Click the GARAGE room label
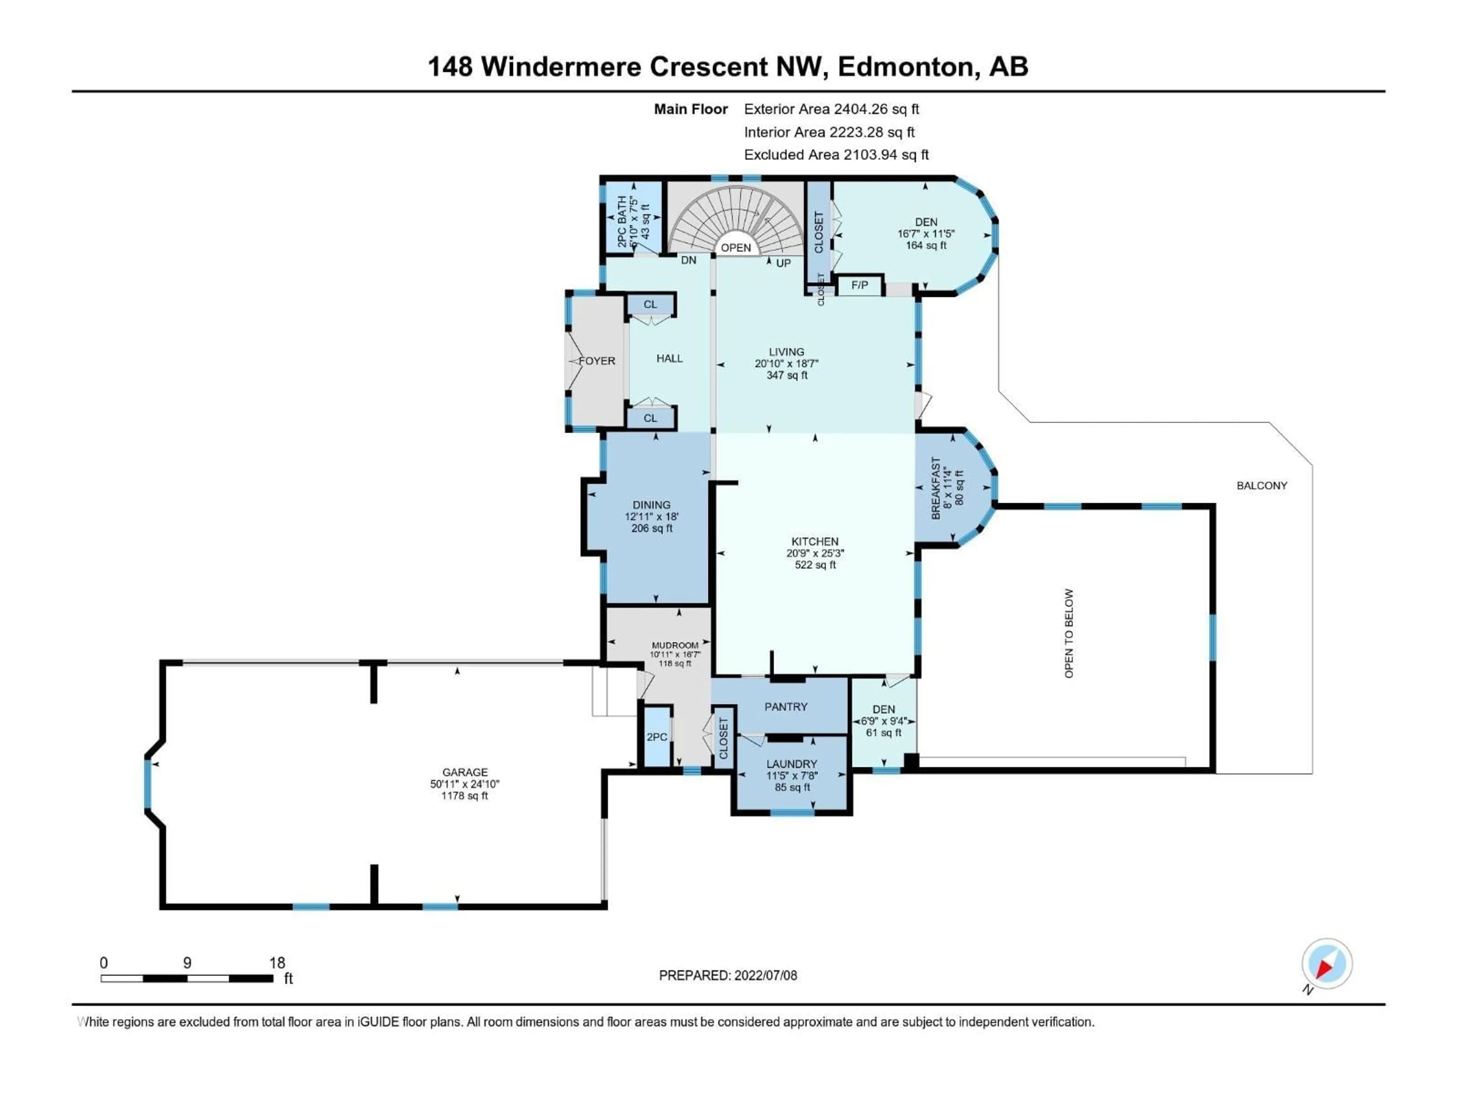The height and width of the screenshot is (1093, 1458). (x=465, y=772)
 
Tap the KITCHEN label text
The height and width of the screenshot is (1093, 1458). (x=815, y=542)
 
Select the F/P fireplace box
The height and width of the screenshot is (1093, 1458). (x=860, y=285)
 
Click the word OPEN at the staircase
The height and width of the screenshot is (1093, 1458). (x=735, y=248)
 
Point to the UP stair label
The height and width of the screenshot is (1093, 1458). (x=783, y=263)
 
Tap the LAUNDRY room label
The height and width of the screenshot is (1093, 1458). (x=792, y=764)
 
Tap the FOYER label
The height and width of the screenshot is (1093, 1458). (x=597, y=361)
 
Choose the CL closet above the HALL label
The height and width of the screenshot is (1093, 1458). (x=650, y=304)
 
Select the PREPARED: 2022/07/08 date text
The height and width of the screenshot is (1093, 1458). (x=728, y=975)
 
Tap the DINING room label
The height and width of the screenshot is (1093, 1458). (x=651, y=505)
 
